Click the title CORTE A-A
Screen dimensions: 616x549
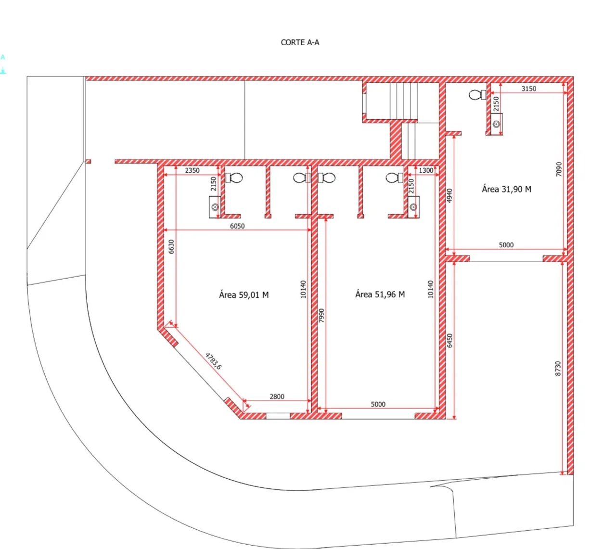pos(300,42)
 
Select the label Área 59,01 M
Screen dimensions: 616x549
pos(244,295)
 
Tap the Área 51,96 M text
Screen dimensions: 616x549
pos(380,294)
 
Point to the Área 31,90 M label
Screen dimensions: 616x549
pos(507,189)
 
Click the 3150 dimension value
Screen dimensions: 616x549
pos(529,89)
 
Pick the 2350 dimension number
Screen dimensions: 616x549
pos(192,170)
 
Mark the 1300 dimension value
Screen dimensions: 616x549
pos(426,170)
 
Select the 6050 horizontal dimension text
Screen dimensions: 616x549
pos(237,226)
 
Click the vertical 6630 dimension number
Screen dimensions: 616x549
pos(171,246)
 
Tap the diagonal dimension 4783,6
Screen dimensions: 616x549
pos(214,361)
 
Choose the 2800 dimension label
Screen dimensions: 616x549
pos(277,396)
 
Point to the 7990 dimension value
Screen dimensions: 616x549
pos(321,316)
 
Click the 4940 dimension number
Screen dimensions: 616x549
pos(449,196)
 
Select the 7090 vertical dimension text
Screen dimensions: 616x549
pos(559,169)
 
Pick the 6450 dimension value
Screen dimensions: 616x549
pos(449,341)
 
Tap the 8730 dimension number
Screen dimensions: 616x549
pos(558,369)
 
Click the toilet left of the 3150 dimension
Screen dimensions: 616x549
pos(478,95)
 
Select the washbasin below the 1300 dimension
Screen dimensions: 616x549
pos(413,207)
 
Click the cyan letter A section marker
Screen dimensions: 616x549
pos(3,57)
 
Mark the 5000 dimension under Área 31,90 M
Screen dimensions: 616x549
pos(506,245)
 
